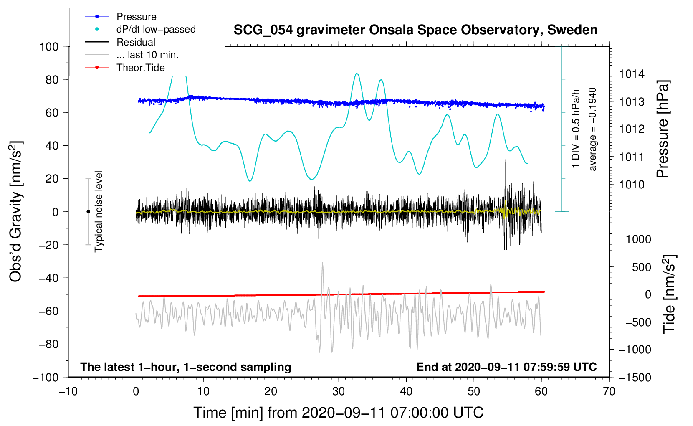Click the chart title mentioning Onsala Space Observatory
[x=415, y=30]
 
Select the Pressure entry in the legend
[x=136, y=17]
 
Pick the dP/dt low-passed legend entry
[x=156, y=29]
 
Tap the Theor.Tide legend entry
[x=140, y=68]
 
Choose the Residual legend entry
[x=136, y=42]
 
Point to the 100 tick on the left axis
[x=49, y=46]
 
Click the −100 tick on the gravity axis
[x=46, y=377]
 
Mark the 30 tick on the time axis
[x=339, y=391]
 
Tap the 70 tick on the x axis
[x=609, y=391]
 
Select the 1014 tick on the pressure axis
[x=632, y=74]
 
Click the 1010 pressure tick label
[x=632, y=185]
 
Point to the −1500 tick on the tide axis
[x=635, y=377]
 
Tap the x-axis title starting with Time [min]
[x=339, y=413]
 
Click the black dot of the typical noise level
[x=88, y=212]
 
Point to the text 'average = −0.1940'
[x=593, y=129]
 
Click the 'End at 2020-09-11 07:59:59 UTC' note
[x=506, y=367]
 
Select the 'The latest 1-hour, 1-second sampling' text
[x=185, y=367]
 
